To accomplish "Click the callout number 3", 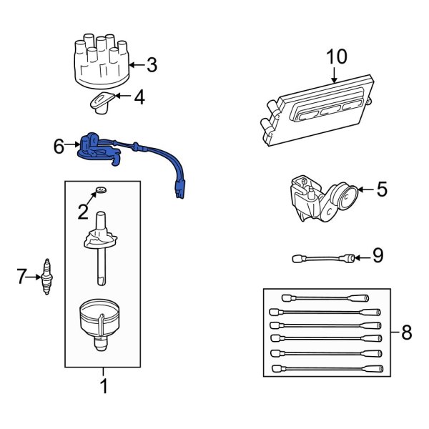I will [151, 65].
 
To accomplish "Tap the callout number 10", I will [335, 57].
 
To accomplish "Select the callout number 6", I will [59, 147].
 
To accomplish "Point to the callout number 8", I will [406, 332].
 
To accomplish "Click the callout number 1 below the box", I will [103, 388].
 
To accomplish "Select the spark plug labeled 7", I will [49, 277].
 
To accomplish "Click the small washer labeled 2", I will [101, 190].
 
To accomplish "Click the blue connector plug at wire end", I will [178, 192].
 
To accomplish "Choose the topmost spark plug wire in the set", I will [325, 297].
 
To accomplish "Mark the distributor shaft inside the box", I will [102, 261].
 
